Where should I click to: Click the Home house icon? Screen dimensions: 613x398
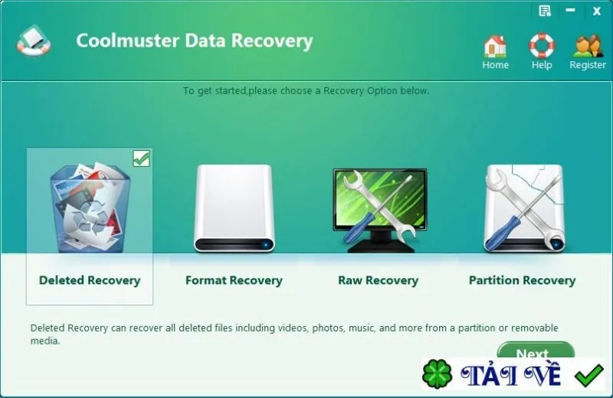495,46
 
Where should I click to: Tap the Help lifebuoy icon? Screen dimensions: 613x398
542,45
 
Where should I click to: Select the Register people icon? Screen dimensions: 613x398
588,46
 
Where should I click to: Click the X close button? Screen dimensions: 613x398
597,11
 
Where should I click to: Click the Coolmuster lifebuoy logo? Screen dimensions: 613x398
34,41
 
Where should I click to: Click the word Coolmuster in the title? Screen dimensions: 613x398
127,41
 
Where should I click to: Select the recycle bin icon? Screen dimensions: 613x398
90,207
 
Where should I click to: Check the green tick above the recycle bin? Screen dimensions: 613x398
141,158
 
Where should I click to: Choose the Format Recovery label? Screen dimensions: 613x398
234,280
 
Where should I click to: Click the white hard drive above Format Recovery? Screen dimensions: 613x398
234,208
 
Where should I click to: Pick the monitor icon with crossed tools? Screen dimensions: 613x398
379,210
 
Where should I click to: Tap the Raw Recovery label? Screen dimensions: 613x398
378,280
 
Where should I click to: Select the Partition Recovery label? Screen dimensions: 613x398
523,280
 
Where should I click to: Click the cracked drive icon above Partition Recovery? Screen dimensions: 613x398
524,208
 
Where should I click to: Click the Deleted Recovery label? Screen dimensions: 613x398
90,280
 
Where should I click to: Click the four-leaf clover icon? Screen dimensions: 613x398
437,374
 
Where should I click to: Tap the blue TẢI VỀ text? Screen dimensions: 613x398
510,375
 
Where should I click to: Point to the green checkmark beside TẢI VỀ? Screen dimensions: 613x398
588,375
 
